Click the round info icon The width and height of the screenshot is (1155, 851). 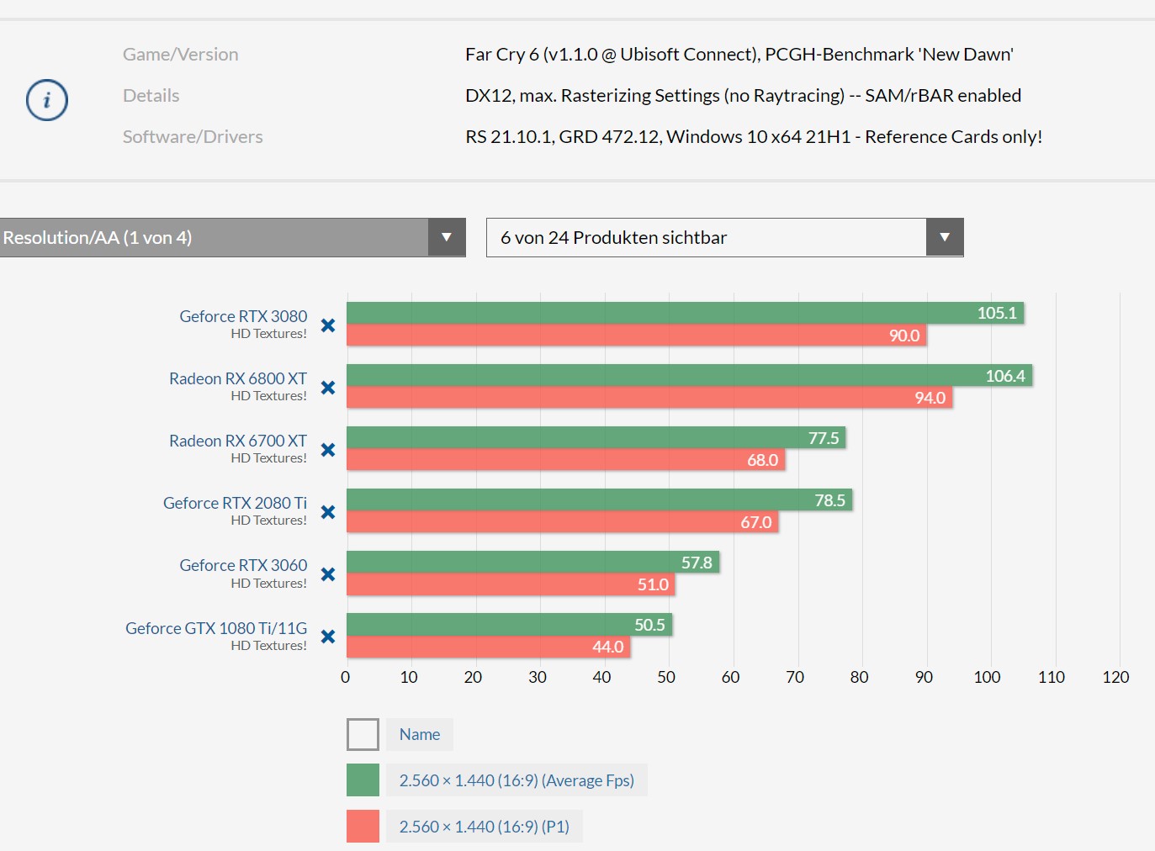pyautogui.click(x=47, y=100)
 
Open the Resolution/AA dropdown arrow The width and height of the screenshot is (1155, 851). pyautogui.click(x=446, y=237)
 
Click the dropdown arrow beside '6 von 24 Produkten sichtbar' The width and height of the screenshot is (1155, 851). pyautogui.click(x=944, y=237)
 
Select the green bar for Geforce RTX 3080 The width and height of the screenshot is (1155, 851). pyautogui.click(x=656, y=313)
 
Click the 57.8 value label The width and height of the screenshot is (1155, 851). pyautogui.click(x=697, y=563)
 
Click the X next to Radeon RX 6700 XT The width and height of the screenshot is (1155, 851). pyautogui.click(x=328, y=450)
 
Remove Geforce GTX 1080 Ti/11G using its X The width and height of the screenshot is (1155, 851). pyautogui.click(x=328, y=637)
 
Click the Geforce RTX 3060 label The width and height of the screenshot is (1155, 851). pyautogui.click(x=243, y=565)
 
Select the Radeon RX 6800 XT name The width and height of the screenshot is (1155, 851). pyautogui.click(x=238, y=378)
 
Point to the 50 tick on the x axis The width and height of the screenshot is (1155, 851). pyautogui.click(x=666, y=677)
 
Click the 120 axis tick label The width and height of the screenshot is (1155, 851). pyautogui.click(x=1115, y=677)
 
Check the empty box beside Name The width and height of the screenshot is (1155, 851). pyautogui.click(x=363, y=734)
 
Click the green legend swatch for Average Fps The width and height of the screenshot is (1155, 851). pyautogui.click(x=363, y=780)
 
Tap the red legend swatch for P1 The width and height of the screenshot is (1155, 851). pyautogui.click(x=363, y=826)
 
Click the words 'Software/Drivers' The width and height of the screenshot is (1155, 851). pyautogui.click(x=193, y=136)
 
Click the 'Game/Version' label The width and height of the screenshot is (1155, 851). pyautogui.click(x=180, y=54)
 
